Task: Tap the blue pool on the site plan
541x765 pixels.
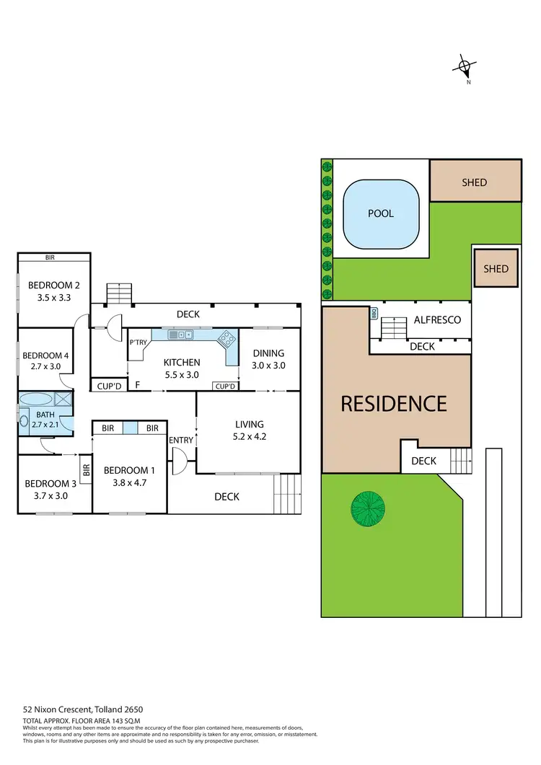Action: (x=381, y=214)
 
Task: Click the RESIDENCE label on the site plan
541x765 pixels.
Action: (x=394, y=403)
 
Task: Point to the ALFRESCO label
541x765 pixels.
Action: (x=437, y=320)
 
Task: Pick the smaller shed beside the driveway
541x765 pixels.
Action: (x=496, y=269)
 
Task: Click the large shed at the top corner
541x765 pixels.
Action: (x=475, y=182)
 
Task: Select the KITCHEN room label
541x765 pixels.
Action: (x=181, y=363)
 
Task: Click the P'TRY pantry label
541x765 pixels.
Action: (x=137, y=343)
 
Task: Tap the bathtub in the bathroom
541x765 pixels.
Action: (x=36, y=399)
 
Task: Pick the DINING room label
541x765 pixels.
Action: (x=268, y=353)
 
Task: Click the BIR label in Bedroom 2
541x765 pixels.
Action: (x=50, y=257)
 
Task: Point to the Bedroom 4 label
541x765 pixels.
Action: (x=45, y=355)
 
